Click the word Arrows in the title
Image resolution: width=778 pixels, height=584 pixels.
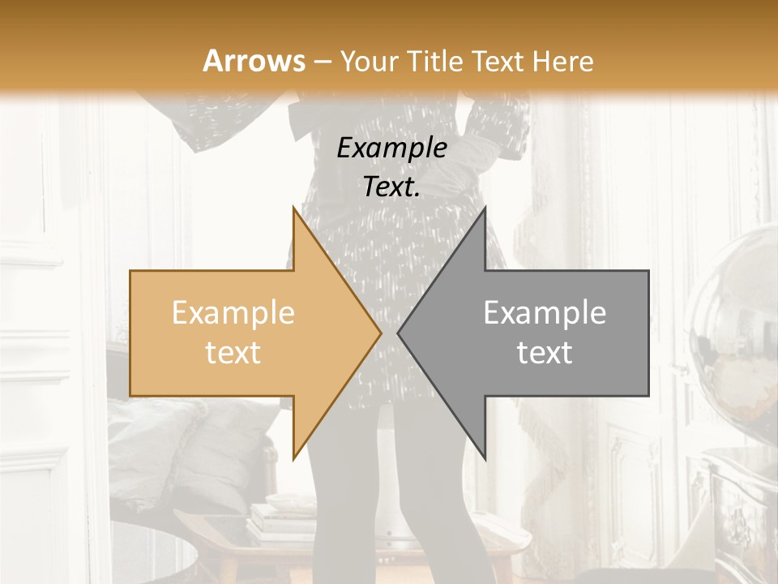[254, 61]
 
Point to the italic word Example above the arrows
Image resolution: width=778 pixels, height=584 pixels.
[391, 148]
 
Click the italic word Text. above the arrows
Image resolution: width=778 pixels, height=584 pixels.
[391, 187]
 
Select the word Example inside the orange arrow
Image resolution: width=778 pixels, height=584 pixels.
[233, 313]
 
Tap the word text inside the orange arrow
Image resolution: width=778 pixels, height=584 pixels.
[233, 353]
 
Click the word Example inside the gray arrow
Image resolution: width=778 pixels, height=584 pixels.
[545, 313]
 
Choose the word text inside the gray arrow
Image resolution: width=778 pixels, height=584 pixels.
[545, 353]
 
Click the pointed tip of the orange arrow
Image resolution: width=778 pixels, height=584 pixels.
[381, 333]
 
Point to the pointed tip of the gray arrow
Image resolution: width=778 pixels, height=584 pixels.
[398, 333]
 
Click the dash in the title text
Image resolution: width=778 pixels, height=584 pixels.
[323, 62]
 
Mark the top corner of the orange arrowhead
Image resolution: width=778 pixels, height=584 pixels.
[293, 207]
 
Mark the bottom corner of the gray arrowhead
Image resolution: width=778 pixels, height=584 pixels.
[485, 459]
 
